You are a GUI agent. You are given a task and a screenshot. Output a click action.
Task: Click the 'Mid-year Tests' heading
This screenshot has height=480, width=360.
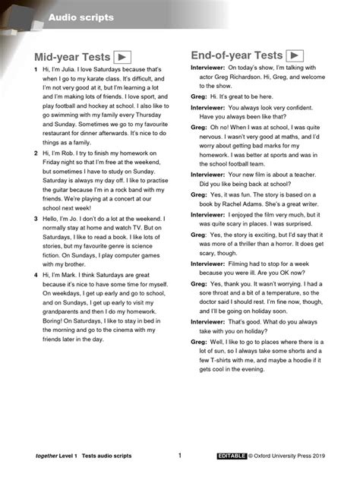click(71, 58)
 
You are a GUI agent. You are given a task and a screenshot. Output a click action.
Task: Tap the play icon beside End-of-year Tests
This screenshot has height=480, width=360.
click(294, 55)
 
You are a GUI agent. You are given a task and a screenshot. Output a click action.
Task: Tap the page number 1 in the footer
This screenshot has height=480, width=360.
click(180, 456)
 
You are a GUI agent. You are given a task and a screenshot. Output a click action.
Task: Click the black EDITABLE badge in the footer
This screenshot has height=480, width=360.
click(231, 456)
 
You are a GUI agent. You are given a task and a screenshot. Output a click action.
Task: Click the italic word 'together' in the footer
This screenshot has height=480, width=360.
click(47, 456)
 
